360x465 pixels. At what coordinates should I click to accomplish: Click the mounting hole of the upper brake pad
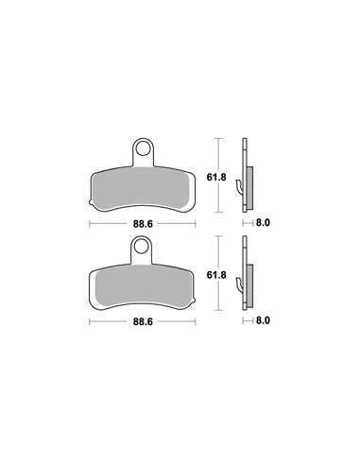[144, 149]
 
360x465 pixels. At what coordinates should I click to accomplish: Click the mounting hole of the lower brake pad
[142, 247]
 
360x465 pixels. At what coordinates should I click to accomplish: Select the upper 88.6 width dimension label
[143, 224]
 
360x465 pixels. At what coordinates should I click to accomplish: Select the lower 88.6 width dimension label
[143, 321]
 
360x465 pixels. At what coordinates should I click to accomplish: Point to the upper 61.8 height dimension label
[216, 177]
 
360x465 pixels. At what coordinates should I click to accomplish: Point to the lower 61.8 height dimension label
[216, 275]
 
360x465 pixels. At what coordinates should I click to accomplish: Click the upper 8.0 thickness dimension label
[263, 223]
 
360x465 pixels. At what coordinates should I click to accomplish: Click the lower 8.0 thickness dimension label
[263, 320]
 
